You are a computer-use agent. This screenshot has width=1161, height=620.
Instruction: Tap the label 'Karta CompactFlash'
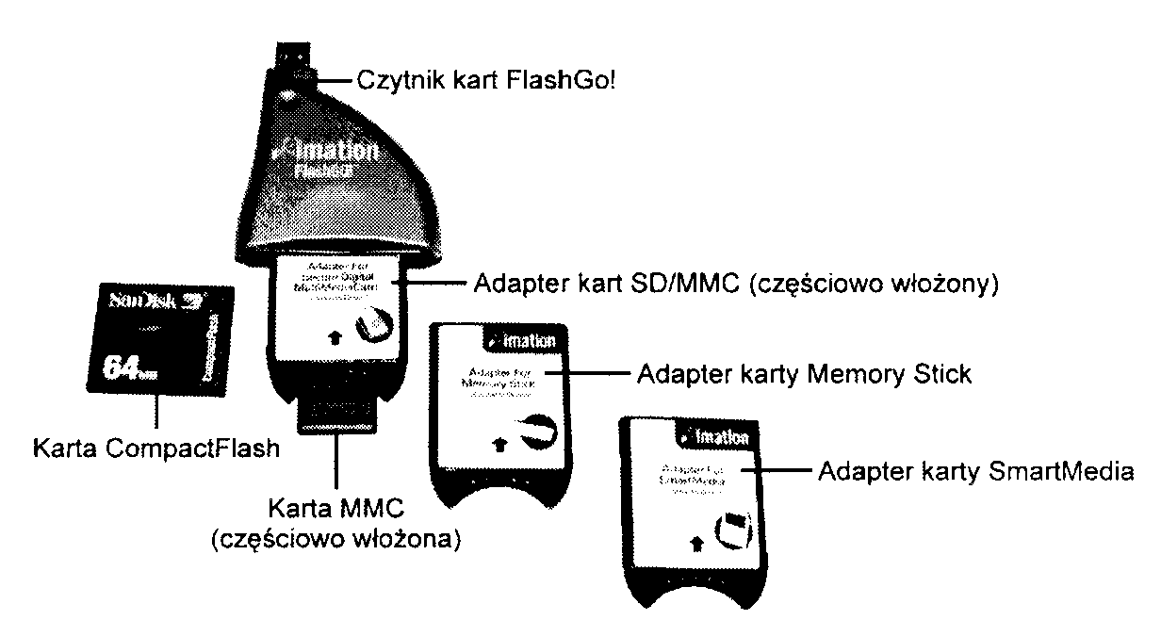pos(155,449)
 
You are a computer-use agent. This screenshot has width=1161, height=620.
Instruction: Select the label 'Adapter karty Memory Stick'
pos(804,374)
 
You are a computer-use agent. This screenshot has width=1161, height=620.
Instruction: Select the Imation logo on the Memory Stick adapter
pos(523,341)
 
